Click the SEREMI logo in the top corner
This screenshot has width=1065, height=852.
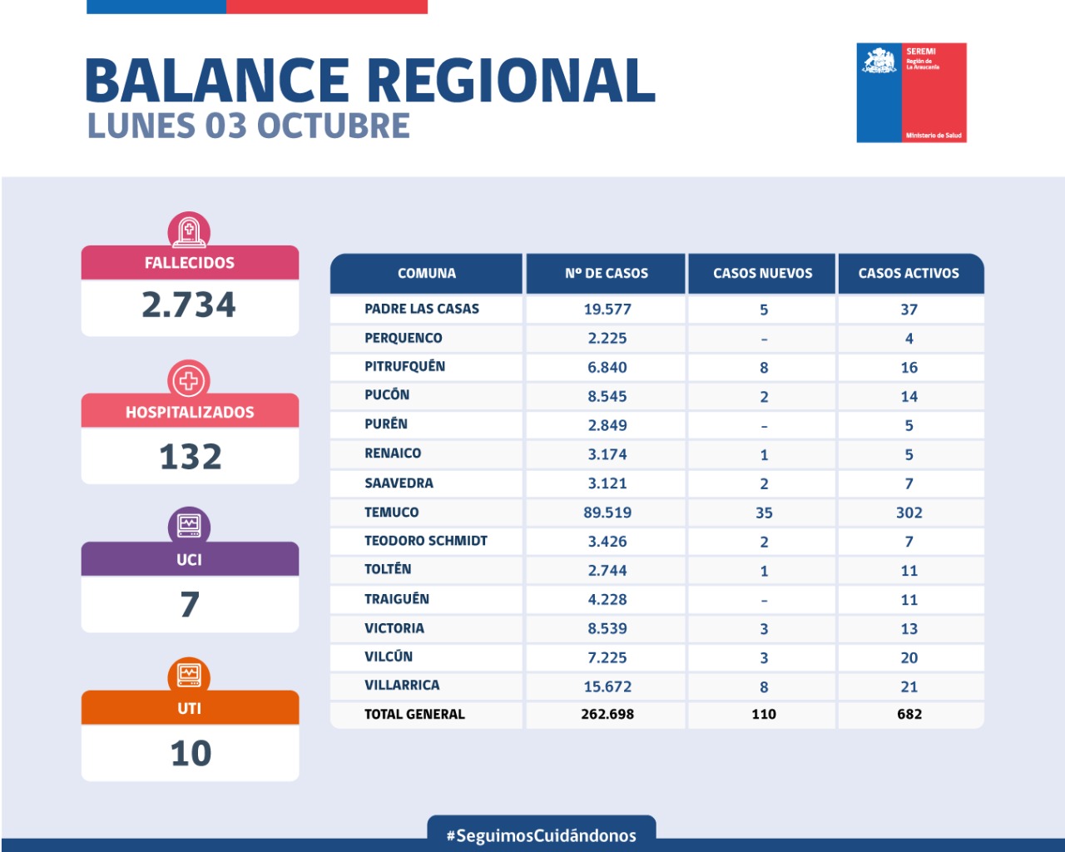[x=911, y=92]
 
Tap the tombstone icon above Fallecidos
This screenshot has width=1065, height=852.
[x=189, y=230]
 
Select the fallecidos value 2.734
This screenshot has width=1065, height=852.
[x=189, y=305]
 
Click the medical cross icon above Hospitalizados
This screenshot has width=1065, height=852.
[x=189, y=381]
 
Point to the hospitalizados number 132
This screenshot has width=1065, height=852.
[x=191, y=457]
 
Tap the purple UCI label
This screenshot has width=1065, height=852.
[x=189, y=559]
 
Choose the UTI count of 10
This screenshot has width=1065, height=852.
[x=191, y=754]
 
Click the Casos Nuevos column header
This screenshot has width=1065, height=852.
[x=762, y=273]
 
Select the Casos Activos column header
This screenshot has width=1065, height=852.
[x=909, y=273]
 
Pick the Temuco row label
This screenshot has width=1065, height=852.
[x=392, y=513]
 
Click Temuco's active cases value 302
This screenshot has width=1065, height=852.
[x=909, y=513]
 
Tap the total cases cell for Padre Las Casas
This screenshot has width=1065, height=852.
[x=607, y=310]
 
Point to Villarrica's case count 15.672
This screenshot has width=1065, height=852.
[x=607, y=686]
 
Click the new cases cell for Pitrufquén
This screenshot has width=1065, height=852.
[x=764, y=368]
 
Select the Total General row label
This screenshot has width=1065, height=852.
[x=414, y=714]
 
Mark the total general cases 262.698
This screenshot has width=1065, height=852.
[x=607, y=714]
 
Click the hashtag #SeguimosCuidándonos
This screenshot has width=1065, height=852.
[x=542, y=835]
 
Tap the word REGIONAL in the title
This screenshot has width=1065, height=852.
[x=511, y=81]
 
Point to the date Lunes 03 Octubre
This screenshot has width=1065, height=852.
[x=249, y=126]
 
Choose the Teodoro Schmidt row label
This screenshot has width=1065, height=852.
[x=426, y=541]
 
